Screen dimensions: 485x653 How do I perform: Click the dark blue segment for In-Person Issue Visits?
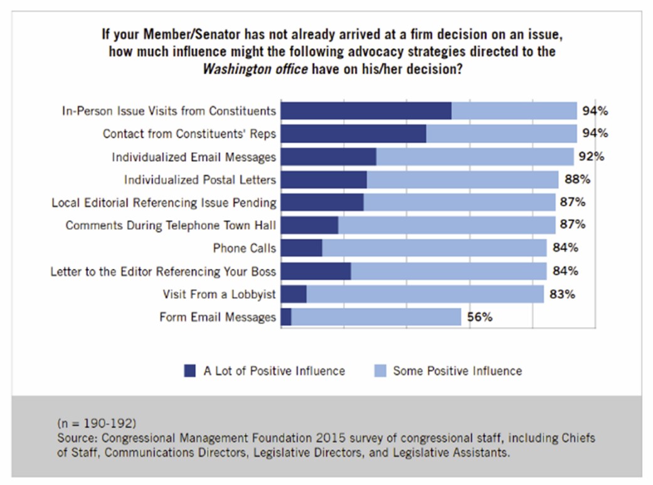(x=366, y=111)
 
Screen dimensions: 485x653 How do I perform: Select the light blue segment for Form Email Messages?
(x=376, y=317)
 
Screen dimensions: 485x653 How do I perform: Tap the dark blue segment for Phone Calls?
(x=302, y=248)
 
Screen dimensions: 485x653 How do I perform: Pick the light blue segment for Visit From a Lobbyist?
(x=425, y=294)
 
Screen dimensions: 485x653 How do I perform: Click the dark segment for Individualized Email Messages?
(x=329, y=157)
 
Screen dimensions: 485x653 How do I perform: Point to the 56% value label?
(x=479, y=317)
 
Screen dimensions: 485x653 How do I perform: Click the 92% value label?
(x=591, y=157)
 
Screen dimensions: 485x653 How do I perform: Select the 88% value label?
(x=576, y=180)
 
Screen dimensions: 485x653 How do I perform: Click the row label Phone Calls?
(x=244, y=248)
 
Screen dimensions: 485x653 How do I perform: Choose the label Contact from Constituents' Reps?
(x=189, y=134)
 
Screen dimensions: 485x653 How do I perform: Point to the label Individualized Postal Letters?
(x=199, y=180)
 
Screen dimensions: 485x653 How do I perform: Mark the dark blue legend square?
(x=190, y=371)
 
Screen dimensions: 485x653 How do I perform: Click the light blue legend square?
(x=379, y=371)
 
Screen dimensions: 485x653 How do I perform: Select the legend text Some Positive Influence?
(x=457, y=371)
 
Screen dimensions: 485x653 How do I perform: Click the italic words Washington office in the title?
(x=255, y=69)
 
